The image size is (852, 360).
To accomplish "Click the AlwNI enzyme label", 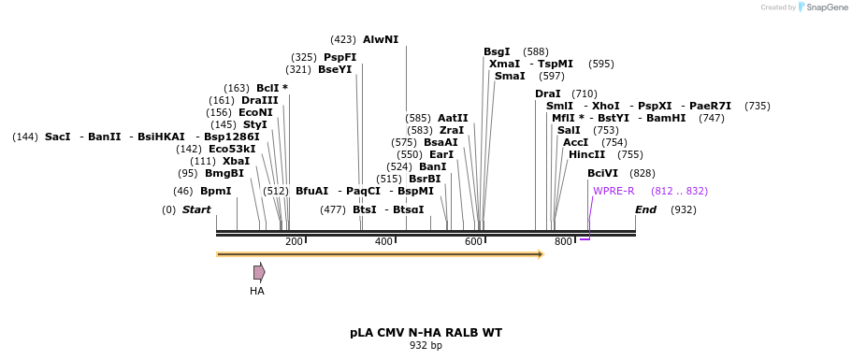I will pyautogui.click(x=381, y=39).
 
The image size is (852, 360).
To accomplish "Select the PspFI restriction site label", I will pyautogui.click(x=339, y=57).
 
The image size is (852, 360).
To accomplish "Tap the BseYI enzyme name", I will pyautogui.click(x=335, y=69).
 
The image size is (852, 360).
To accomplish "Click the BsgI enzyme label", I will pyautogui.click(x=497, y=51).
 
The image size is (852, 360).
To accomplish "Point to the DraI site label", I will pyautogui.click(x=548, y=94).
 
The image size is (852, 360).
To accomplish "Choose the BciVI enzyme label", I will pyautogui.click(x=602, y=173).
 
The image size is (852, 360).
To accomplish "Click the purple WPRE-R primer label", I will pyautogui.click(x=614, y=191).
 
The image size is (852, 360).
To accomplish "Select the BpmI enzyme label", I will pyautogui.click(x=215, y=191).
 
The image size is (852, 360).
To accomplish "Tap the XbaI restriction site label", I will pyautogui.click(x=236, y=161).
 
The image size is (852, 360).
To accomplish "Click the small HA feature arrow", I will pyautogui.click(x=259, y=272).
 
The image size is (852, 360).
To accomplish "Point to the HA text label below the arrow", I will pyautogui.click(x=257, y=291).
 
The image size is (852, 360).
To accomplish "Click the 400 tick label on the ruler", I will pyautogui.click(x=383, y=242).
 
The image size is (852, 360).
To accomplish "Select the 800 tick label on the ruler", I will pyautogui.click(x=563, y=242).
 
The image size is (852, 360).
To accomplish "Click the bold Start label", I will pyautogui.click(x=196, y=209).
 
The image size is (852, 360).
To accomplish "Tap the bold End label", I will pyautogui.click(x=645, y=209).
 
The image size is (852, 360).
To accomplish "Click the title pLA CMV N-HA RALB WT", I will pyautogui.click(x=426, y=332).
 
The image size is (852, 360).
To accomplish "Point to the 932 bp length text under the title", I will pyautogui.click(x=426, y=346).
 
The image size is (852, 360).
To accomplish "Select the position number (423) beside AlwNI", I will pyautogui.click(x=343, y=39).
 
